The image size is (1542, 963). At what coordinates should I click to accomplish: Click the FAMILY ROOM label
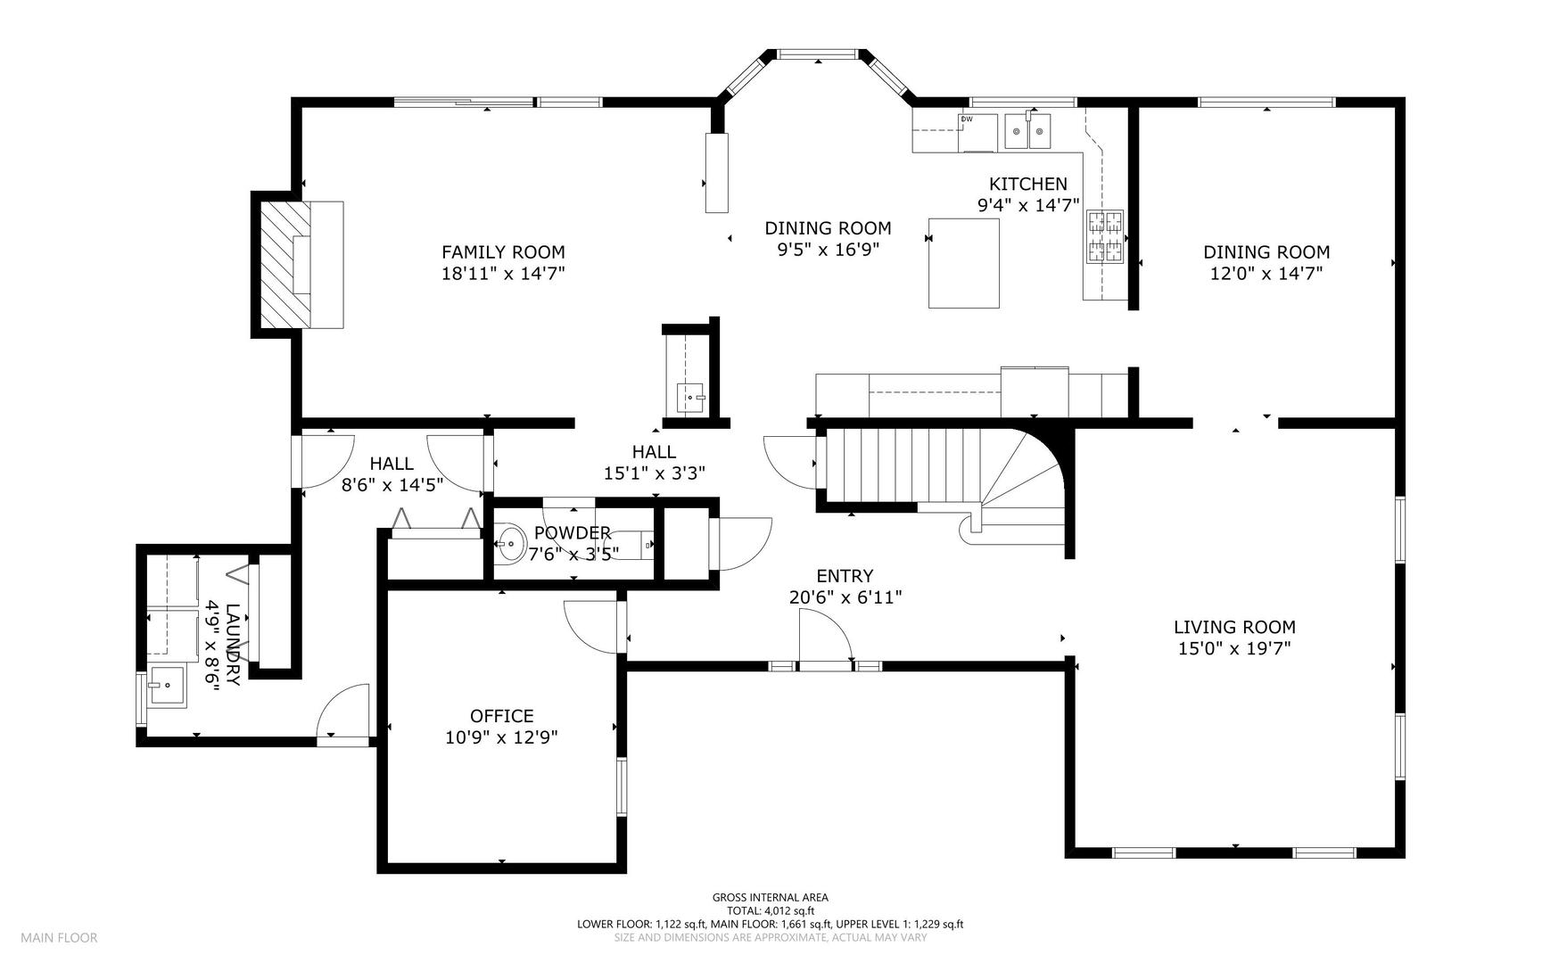point(503,252)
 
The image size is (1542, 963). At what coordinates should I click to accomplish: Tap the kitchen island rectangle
point(963,263)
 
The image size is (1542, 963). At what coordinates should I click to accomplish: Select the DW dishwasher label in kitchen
point(967,119)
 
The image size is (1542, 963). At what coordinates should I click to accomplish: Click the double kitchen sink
point(1027,132)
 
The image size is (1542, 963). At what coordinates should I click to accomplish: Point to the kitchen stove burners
point(1104,236)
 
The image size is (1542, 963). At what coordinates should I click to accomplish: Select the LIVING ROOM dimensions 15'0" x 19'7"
point(1234,648)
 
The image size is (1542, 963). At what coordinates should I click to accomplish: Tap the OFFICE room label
point(501,716)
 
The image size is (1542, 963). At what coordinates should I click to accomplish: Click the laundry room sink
point(167,687)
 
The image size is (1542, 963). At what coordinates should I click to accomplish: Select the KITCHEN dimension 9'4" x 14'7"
point(1028,205)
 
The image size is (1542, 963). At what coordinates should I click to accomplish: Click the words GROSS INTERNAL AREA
point(770,898)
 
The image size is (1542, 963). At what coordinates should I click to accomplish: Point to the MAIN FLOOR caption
point(59,937)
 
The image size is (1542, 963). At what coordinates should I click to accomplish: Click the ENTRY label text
point(845,576)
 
